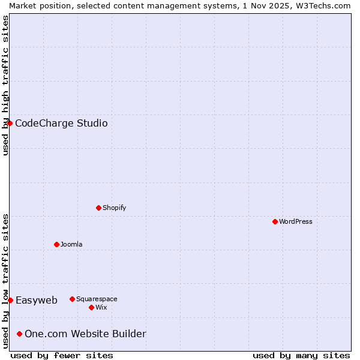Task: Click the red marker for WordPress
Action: click(275, 221)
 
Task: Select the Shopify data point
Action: click(98, 208)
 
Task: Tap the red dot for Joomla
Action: click(56, 244)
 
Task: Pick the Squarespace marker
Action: click(72, 299)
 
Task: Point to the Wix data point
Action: click(91, 307)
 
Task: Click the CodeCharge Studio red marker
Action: click(10, 123)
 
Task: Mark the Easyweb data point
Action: click(10, 300)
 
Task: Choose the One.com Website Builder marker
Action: click(20, 334)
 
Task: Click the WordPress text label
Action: click(296, 221)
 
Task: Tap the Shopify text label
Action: click(115, 208)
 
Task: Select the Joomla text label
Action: click(71, 244)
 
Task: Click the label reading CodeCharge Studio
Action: click(61, 124)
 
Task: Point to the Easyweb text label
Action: click(37, 301)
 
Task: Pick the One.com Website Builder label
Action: click(85, 334)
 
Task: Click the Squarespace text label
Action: click(97, 299)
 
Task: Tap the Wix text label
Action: click(101, 307)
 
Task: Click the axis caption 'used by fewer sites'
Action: click(62, 355)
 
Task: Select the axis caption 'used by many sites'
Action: click(301, 355)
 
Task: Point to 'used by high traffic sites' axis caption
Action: click(5, 85)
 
